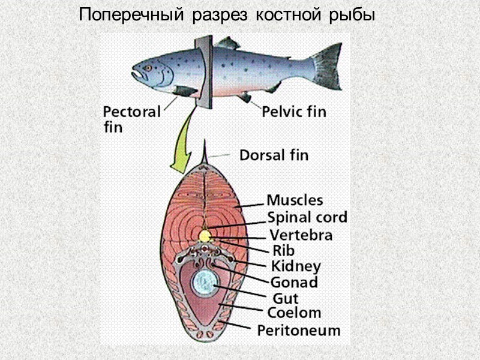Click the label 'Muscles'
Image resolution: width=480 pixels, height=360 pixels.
(295, 200)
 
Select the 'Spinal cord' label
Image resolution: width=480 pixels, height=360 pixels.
(307, 217)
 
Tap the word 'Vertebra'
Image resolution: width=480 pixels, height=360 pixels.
(301, 235)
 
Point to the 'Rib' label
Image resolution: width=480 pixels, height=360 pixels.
(284, 250)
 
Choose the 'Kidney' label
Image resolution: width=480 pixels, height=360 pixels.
(296, 266)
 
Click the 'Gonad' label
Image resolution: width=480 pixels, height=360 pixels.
(294, 281)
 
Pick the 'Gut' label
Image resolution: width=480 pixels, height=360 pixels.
(286, 298)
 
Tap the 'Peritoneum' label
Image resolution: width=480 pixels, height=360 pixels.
(299, 330)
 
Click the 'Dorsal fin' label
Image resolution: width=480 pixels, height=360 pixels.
(274, 155)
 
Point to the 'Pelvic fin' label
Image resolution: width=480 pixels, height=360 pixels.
(294, 112)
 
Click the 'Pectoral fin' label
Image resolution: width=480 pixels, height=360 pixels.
(131, 119)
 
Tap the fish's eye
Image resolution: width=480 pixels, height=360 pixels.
(148, 68)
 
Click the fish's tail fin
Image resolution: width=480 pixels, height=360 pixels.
(328, 65)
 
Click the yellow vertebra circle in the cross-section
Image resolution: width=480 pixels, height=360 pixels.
(205, 236)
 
